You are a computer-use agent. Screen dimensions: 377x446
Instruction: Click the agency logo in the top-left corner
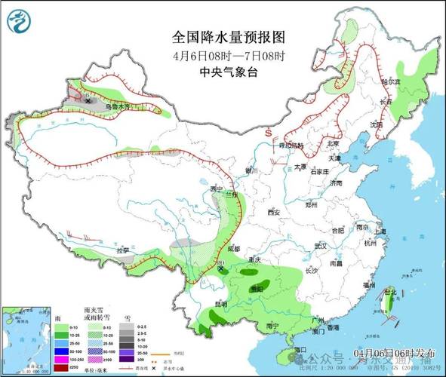[x=20, y=21]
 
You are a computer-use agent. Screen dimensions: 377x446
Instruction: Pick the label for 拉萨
[x=123, y=250]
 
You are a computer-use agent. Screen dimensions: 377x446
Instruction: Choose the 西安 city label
[x=273, y=213]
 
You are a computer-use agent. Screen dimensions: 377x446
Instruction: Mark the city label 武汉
[x=320, y=245]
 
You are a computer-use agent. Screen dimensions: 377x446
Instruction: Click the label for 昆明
[x=200, y=304]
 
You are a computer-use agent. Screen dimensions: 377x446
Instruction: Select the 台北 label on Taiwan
[x=390, y=292]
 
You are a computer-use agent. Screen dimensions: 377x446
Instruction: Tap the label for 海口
[x=300, y=349]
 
